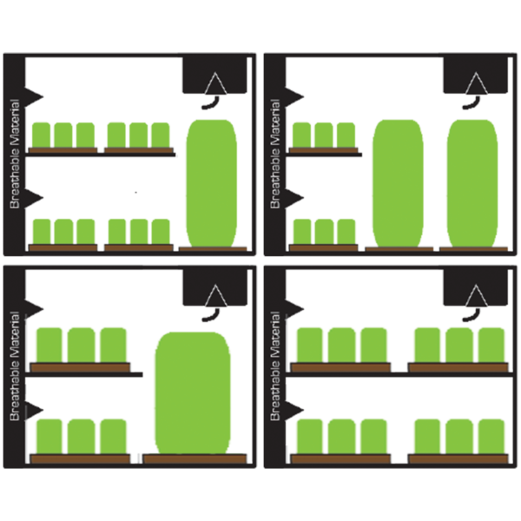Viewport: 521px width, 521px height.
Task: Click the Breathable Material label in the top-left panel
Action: (x=15, y=154)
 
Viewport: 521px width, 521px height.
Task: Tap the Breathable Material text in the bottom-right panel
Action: (x=275, y=366)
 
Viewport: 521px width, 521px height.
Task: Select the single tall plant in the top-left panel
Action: (x=212, y=183)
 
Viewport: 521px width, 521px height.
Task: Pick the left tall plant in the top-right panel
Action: (x=398, y=183)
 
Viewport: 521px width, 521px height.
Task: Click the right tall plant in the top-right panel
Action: (x=472, y=183)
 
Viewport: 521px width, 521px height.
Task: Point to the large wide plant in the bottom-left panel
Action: (x=193, y=393)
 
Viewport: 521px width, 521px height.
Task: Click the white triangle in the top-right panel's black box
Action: (x=476, y=83)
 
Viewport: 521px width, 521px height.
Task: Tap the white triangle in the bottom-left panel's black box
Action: (x=215, y=295)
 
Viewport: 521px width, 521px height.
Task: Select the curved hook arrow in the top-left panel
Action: (x=211, y=102)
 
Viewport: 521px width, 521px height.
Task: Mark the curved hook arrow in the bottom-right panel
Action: (x=472, y=315)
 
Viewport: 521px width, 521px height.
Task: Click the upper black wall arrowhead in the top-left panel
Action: (x=34, y=97)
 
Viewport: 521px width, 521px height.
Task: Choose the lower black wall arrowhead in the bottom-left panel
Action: (x=34, y=411)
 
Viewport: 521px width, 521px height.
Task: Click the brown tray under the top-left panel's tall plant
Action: (x=213, y=249)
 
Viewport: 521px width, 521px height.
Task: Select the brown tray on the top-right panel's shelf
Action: (x=324, y=150)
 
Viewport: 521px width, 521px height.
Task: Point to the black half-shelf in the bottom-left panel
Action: (x=84, y=375)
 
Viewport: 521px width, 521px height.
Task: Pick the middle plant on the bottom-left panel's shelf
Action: (x=82, y=345)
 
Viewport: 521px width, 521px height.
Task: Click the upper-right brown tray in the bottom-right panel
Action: (x=458, y=367)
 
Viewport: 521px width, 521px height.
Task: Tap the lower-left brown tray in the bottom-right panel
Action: (x=340, y=458)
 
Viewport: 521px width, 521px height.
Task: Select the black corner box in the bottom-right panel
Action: (x=476, y=287)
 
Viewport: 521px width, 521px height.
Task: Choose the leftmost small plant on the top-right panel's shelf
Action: (x=301, y=135)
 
